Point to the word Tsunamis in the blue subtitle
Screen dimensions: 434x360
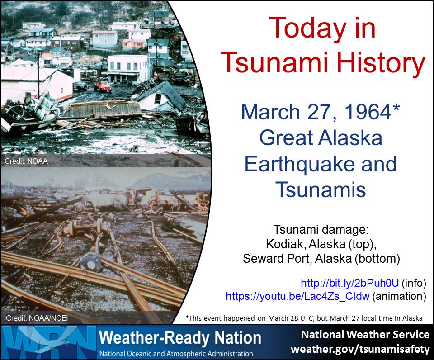point(321,189)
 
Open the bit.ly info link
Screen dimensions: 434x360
point(350,283)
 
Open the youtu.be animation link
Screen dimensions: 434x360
point(297,296)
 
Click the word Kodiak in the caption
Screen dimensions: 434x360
point(285,244)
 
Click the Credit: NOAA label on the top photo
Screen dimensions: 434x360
point(26,161)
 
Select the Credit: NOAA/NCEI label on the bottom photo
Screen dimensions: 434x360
point(37,318)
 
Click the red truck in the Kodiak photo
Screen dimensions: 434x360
point(103,85)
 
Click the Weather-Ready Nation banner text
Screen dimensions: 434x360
point(180,338)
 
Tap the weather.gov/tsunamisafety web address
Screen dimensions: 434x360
point(360,348)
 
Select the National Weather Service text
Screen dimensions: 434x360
point(365,335)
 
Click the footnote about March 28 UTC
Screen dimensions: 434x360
point(304,318)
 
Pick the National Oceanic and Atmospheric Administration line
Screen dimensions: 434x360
point(176,354)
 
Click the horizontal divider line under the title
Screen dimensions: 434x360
point(319,86)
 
